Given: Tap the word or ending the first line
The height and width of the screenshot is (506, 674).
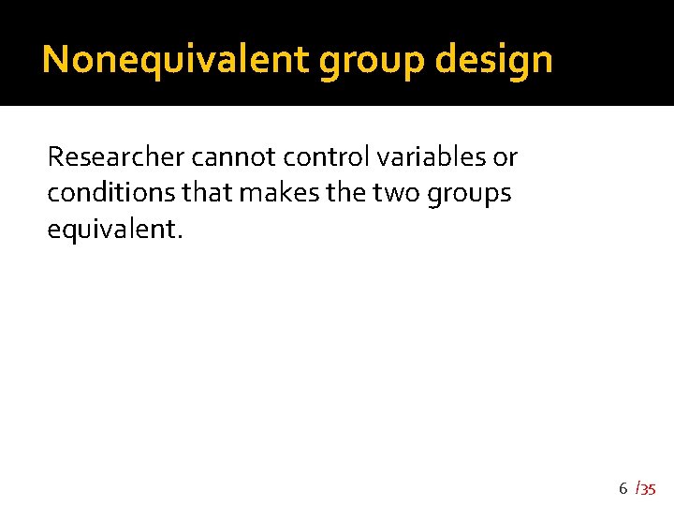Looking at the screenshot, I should (x=505, y=157).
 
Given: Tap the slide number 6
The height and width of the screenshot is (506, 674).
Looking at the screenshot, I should (x=623, y=488).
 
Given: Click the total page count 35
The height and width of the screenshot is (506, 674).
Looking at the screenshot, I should (x=649, y=489).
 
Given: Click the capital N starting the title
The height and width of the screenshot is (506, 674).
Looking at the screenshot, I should (x=54, y=60).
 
